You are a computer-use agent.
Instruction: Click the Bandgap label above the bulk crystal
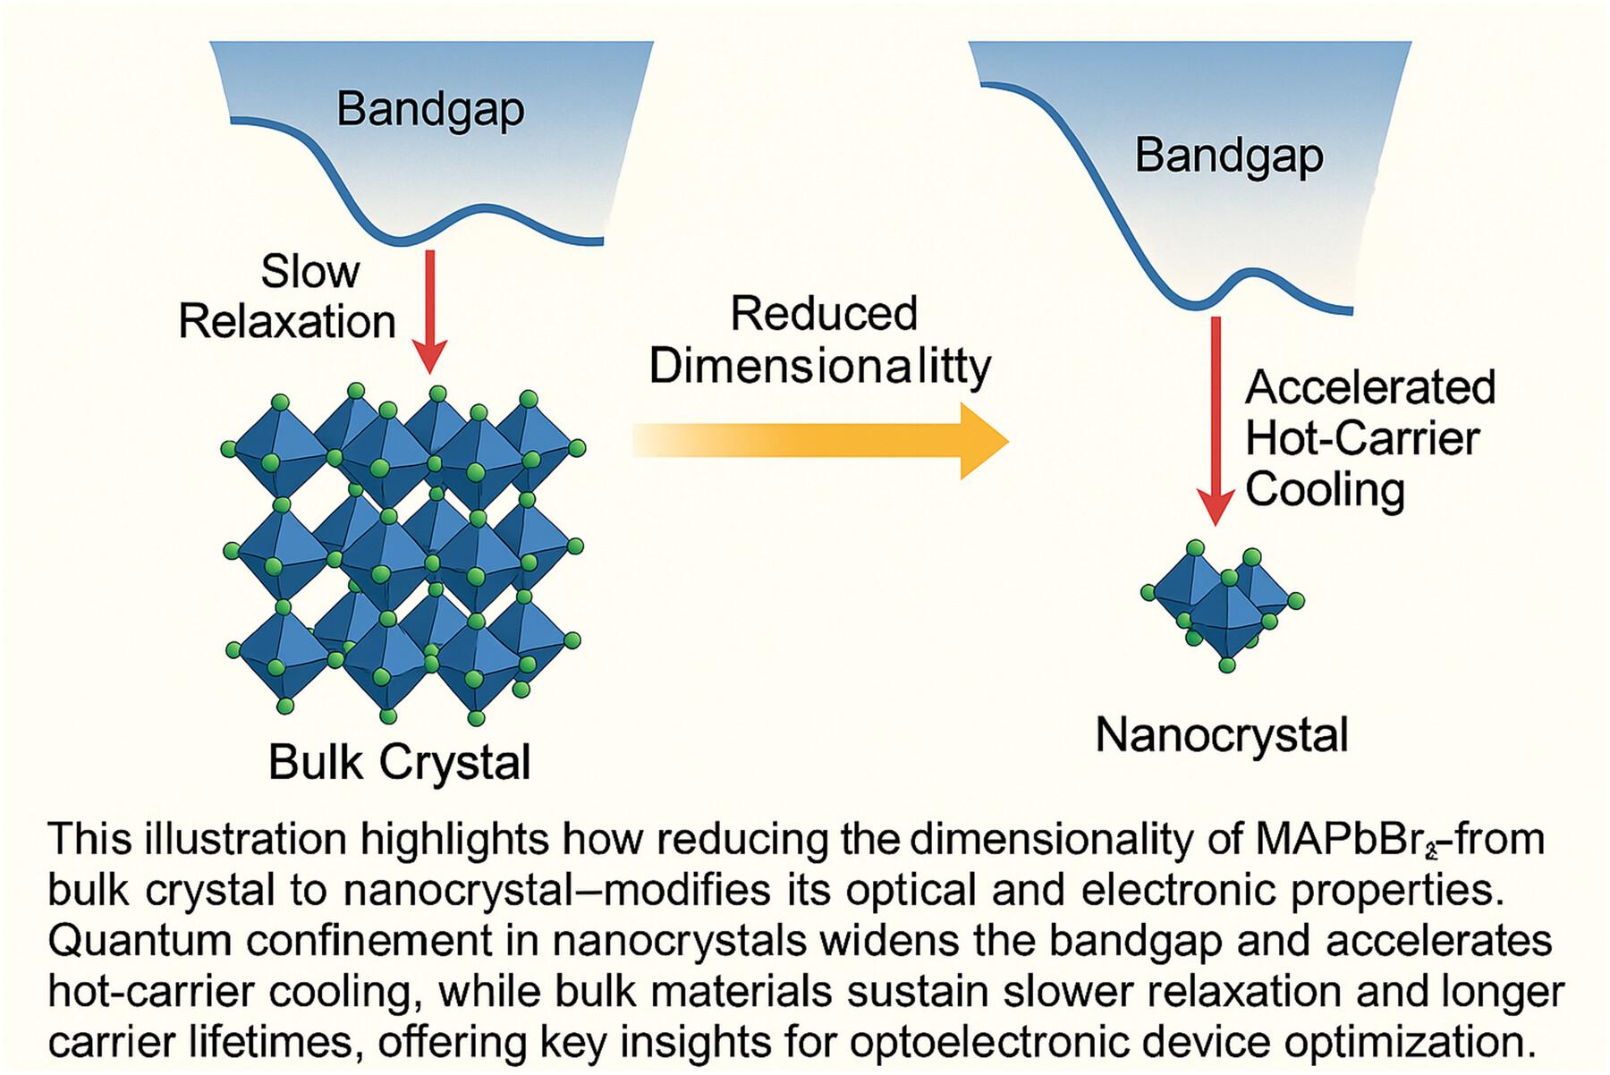tap(430, 110)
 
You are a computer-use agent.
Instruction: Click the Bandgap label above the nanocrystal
tap(1229, 156)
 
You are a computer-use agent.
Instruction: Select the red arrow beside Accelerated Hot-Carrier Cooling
tap(1216, 420)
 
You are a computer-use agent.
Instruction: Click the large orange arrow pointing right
tap(820, 441)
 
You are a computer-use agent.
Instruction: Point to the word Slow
tap(309, 271)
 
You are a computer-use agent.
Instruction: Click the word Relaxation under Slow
tap(287, 322)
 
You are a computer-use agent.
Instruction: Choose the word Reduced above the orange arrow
tap(824, 314)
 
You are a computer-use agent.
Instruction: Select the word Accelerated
tap(1370, 388)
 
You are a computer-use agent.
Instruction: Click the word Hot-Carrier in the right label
tap(1362, 439)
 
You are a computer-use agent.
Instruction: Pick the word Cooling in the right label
tap(1325, 490)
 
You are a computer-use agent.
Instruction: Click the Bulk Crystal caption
tap(400, 763)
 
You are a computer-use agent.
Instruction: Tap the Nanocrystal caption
tap(1222, 735)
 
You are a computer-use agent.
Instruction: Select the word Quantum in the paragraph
tap(116, 941)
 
